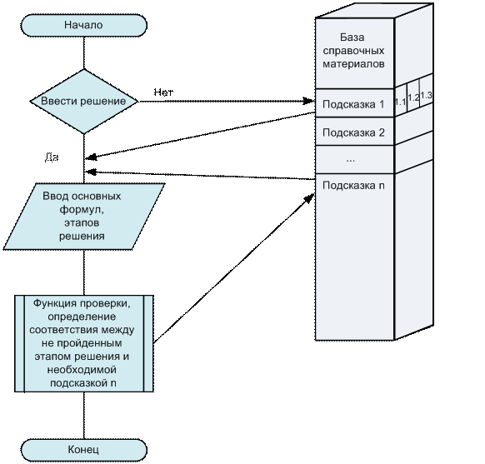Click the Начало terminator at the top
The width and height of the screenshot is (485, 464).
coord(84,25)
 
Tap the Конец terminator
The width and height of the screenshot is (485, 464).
coord(84,450)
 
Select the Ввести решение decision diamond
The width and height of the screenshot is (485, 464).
coord(84,102)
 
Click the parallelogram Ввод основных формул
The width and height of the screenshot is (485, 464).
coord(84,217)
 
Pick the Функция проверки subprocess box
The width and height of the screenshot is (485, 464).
coord(84,344)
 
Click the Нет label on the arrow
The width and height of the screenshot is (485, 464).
coord(163,92)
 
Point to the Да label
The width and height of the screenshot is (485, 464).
coord(52,157)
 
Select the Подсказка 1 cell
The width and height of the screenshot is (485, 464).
coord(354,103)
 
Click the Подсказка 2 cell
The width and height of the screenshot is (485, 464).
coord(354,132)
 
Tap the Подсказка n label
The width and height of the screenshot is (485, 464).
coord(353,186)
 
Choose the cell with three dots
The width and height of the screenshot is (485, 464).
coord(354,159)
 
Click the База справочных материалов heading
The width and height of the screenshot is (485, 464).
coord(353,50)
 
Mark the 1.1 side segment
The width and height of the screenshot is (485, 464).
coord(401,100)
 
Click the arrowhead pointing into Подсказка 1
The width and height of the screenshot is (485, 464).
coord(308,101)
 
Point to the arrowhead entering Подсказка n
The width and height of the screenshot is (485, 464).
coord(310,198)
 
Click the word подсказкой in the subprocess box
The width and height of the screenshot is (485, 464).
coord(79,383)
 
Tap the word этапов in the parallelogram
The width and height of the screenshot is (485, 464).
coord(82,223)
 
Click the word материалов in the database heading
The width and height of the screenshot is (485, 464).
coord(353,64)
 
